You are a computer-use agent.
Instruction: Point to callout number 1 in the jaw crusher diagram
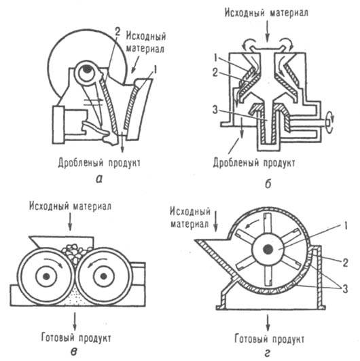[158, 69]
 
